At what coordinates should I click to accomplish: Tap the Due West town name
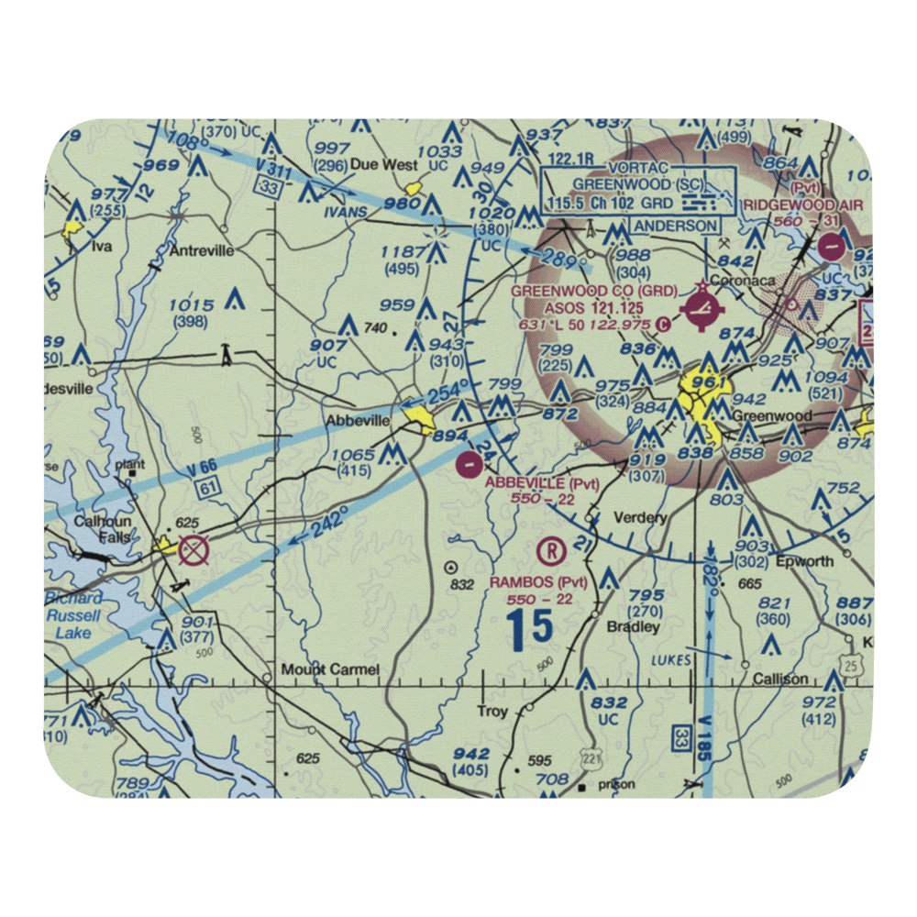378,166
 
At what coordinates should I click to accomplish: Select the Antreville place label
199,250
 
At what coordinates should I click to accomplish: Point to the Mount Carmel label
330,669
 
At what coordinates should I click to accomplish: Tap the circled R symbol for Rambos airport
550,551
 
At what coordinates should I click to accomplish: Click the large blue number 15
531,628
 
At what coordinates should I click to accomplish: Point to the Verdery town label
640,518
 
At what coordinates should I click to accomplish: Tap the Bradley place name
634,627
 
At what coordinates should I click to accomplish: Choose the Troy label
492,712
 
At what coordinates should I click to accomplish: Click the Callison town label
780,679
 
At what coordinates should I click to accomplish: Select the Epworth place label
804,561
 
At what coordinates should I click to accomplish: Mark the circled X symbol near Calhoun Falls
194,551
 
